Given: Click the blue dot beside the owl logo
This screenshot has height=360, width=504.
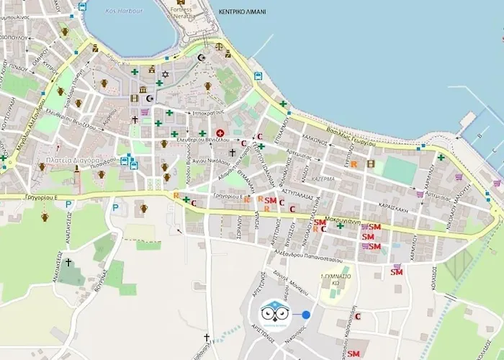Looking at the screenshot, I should (x=306, y=315).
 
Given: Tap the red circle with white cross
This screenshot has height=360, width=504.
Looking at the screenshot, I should (x=220, y=133).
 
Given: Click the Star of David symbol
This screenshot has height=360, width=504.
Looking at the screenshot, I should (x=164, y=74).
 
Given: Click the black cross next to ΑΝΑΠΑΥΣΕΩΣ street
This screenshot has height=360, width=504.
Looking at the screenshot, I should (x=68, y=264).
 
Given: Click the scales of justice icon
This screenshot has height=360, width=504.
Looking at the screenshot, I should (x=228, y=54).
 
